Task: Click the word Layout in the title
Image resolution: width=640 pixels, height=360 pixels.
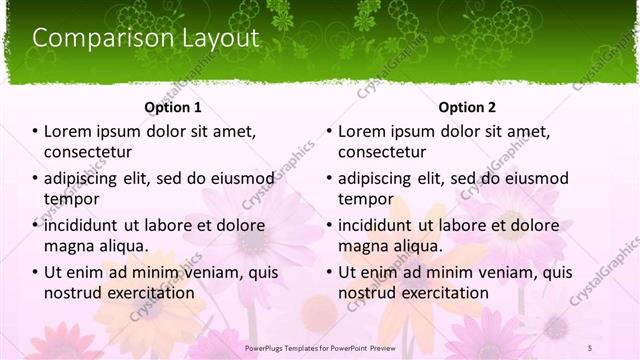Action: [214, 38]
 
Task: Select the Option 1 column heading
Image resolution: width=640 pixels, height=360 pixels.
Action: [173, 107]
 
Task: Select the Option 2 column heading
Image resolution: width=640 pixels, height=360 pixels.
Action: [466, 107]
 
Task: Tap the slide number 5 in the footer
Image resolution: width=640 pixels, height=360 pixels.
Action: [589, 347]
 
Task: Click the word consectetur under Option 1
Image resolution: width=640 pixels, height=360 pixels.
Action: [88, 152]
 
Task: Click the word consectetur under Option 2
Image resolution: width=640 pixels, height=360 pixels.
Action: [382, 152]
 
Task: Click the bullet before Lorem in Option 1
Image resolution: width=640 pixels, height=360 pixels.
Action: [35, 132]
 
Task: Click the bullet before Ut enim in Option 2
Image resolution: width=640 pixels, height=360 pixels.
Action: [329, 273]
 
